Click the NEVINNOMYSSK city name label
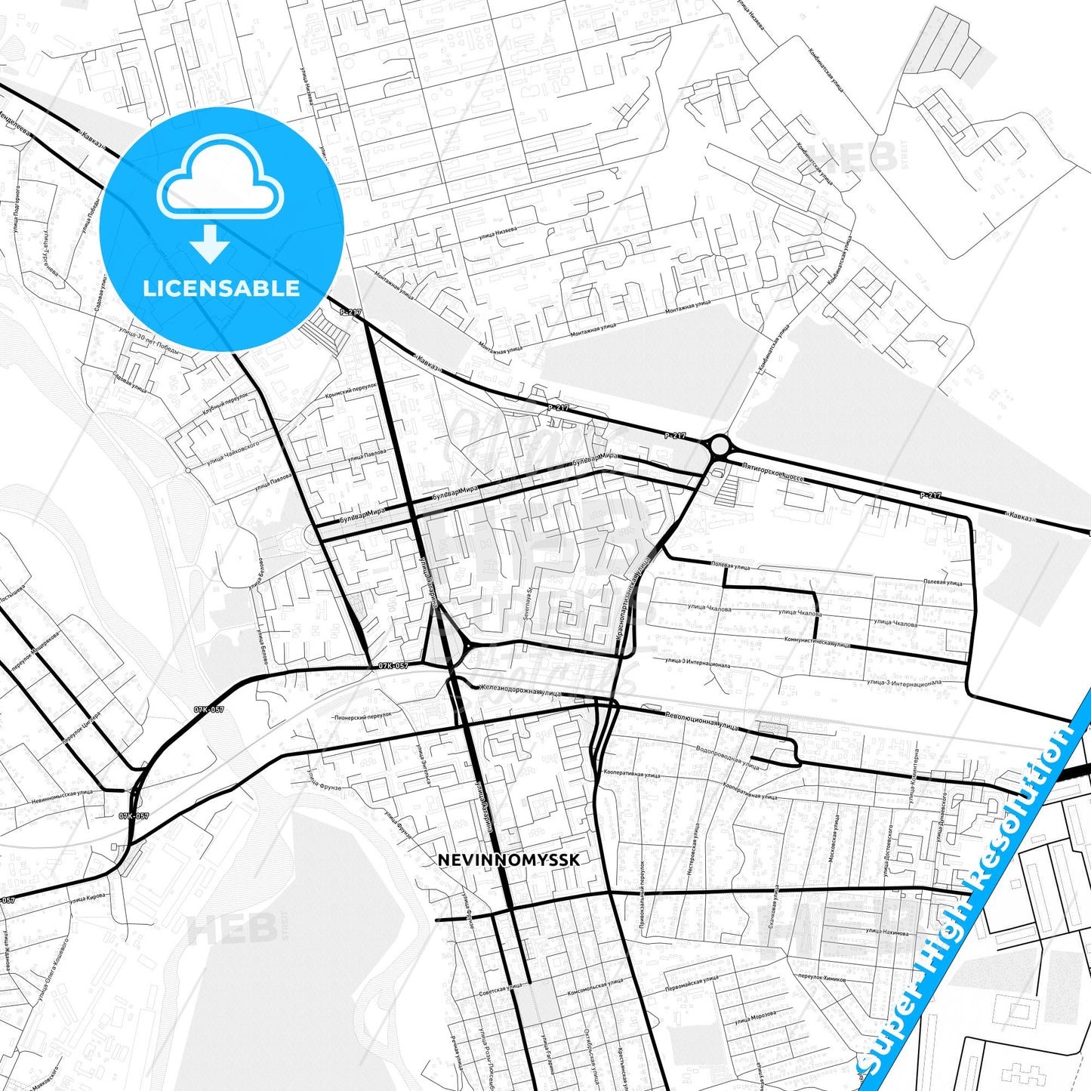click(x=509, y=860)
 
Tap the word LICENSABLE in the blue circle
click(x=221, y=288)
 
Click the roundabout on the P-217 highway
click(x=720, y=445)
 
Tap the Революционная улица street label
click(x=701, y=720)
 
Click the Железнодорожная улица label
click(x=520, y=689)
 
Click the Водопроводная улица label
click(x=727, y=757)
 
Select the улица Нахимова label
click(x=886, y=931)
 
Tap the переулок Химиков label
click(x=822, y=979)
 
